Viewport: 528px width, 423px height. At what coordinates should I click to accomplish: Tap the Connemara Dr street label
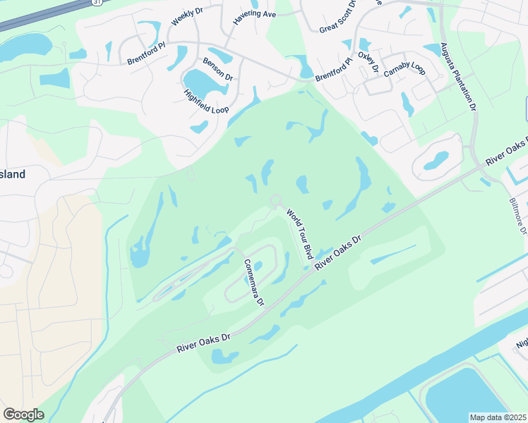[x=253, y=282]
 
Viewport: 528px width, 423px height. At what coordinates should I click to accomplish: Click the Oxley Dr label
[x=368, y=62]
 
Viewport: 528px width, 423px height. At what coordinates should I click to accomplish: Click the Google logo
[x=23, y=414]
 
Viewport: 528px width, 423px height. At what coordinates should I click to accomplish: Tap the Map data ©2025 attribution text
[x=498, y=417]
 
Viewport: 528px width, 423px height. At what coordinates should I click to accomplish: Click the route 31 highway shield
[x=96, y=3]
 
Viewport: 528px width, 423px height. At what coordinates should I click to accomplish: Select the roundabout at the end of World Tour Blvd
[x=276, y=201]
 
